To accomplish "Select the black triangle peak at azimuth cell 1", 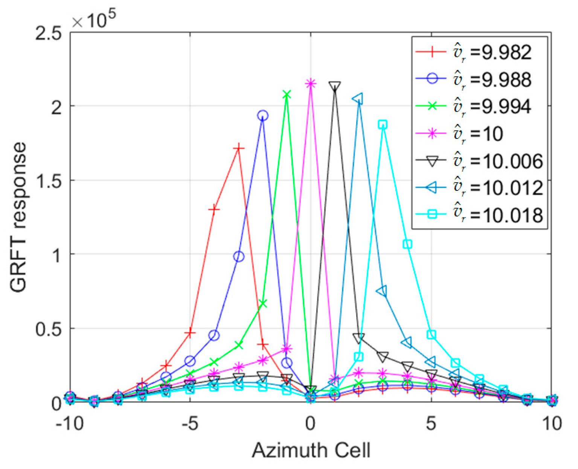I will click(x=335, y=86).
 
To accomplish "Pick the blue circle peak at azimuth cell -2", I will click(x=262, y=116).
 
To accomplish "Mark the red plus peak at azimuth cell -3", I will click(x=238, y=149).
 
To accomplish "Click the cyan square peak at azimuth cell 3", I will click(x=383, y=125).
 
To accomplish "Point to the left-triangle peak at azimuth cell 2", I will click(x=358, y=99).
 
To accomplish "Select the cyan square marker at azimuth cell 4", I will click(x=407, y=244).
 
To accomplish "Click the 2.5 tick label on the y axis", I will click(x=49, y=33).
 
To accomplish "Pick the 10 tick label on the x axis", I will click(x=551, y=423).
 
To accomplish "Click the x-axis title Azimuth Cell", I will click(x=311, y=450).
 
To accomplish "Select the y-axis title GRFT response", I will click(x=19, y=217).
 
